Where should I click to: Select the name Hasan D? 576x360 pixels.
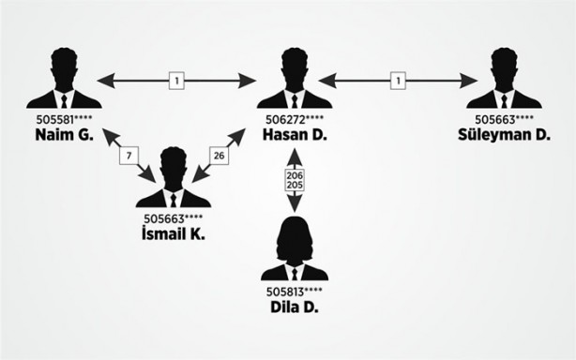(294, 135)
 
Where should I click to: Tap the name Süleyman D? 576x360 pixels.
(504, 135)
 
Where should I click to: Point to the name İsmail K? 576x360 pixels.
(173, 234)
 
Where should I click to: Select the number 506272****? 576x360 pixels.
(294, 120)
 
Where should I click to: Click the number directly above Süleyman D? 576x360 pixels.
(504, 120)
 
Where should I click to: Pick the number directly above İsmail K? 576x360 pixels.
(173, 219)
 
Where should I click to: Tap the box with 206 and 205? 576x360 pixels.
(294, 180)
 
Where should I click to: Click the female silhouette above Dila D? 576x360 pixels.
(294, 248)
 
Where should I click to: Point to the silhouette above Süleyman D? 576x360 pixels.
(504, 80)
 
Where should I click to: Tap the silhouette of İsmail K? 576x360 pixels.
(173, 178)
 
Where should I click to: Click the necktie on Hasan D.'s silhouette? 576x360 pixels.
(294, 99)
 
